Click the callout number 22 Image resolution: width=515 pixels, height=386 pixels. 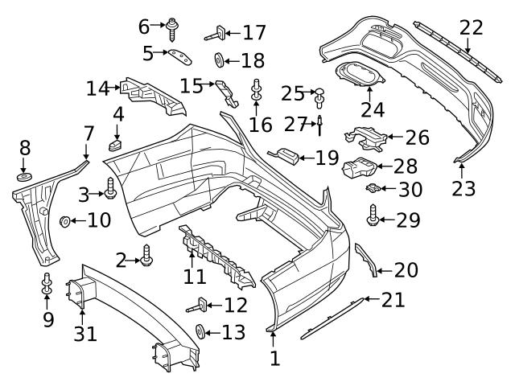point(472,27)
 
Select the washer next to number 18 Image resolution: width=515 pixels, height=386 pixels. point(219,60)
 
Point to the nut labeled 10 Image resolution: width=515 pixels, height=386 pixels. point(64,220)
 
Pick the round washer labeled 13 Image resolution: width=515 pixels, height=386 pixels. point(201,331)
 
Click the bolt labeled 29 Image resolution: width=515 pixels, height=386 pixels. point(373,216)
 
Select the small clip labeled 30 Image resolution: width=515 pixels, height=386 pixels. point(373,189)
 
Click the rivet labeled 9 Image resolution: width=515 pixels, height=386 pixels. point(47,282)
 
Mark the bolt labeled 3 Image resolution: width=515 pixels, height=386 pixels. point(110,192)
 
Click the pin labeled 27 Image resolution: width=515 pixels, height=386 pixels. point(319,125)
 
